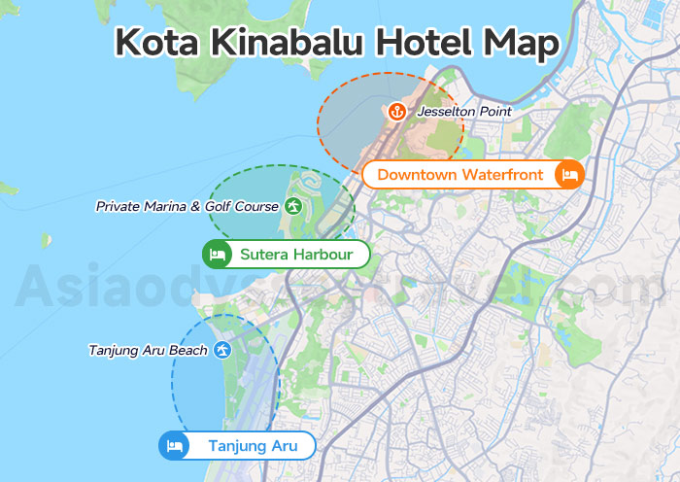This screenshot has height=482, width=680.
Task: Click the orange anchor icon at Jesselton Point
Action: pyautogui.click(x=396, y=112)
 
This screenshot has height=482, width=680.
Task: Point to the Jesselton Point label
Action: pyautogui.click(x=463, y=112)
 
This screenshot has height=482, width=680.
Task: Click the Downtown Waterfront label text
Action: pyautogui.click(x=460, y=175)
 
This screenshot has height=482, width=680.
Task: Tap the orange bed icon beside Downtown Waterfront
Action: pyautogui.click(x=568, y=175)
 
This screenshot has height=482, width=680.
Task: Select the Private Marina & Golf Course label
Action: pyautogui.click(x=187, y=206)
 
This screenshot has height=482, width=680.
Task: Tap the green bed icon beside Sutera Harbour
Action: pyautogui.click(x=217, y=255)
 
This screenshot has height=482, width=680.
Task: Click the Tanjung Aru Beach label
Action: pyautogui.click(x=148, y=350)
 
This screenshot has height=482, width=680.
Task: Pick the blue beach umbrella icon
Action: pyautogui.click(x=222, y=350)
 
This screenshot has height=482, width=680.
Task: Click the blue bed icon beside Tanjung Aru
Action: pyautogui.click(x=174, y=446)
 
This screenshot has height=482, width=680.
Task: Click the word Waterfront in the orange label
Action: pyautogui.click(x=501, y=175)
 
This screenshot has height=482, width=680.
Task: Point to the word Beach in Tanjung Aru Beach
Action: pyautogui.click(x=188, y=350)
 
